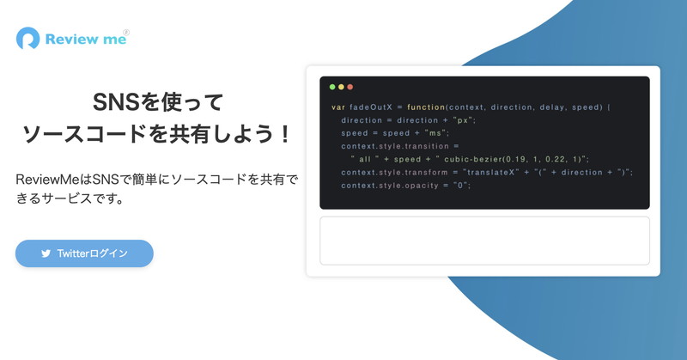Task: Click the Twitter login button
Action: (84, 253)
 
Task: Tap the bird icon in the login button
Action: (46, 253)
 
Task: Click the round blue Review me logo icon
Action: (27, 39)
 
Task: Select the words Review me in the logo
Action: (86, 40)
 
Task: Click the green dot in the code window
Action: (332, 87)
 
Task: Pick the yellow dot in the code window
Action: (341, 87)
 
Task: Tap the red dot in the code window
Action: (350, 87)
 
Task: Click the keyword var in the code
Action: (338, 107)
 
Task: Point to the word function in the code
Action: (426, 107)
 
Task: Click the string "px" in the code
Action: (464, 120)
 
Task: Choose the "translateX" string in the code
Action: (490, 173)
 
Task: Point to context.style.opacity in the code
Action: (390, 186)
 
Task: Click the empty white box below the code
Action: (484, 241)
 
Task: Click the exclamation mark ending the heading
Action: (285, 134)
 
